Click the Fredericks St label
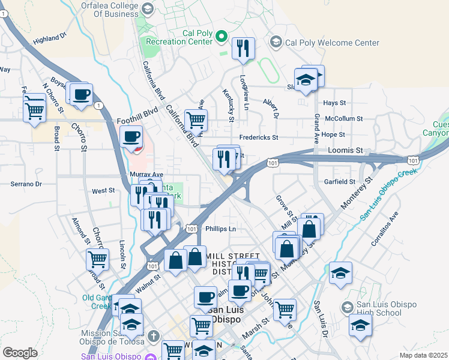[259, 137]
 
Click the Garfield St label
[340, 182]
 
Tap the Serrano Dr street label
[26, 184]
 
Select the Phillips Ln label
[220, 229]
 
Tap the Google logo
[20, 353]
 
